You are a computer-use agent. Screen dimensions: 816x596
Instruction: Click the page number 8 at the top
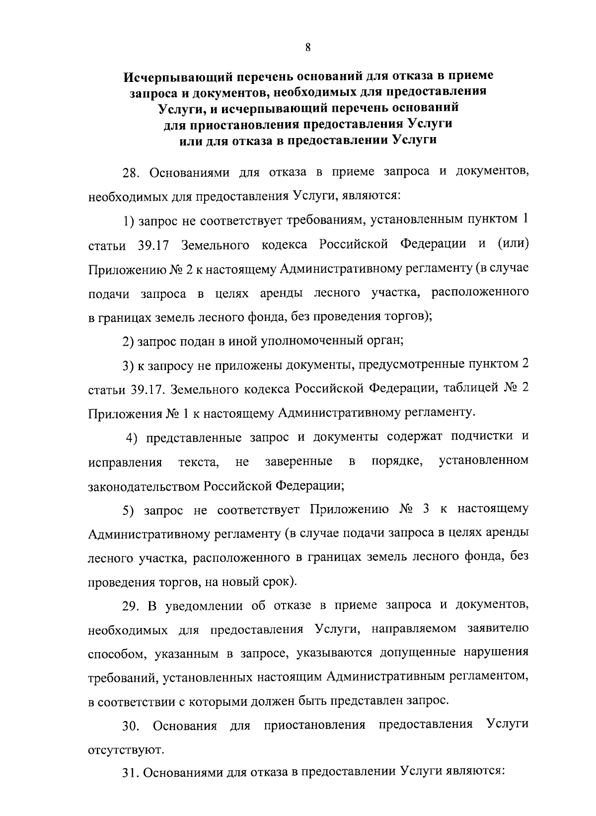[308, 47]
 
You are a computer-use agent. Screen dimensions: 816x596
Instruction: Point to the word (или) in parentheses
[512, 244]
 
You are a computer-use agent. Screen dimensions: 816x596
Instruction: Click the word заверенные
[299, 461]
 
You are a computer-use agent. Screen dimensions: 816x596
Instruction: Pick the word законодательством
[144, 485]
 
